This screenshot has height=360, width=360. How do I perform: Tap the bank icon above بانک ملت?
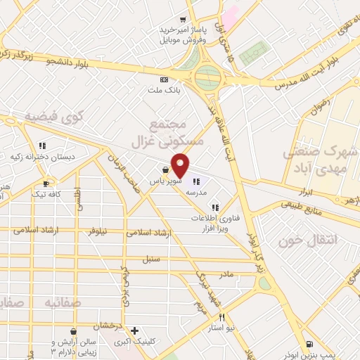164,79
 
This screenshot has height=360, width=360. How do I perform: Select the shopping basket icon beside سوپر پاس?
164,169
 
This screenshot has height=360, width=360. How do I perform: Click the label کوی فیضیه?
54,115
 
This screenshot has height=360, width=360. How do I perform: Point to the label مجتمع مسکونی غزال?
167,132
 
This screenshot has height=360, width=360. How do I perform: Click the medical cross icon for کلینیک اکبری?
134,331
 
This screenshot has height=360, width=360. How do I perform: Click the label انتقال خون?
308,240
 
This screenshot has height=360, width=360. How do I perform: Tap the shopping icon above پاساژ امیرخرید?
183,20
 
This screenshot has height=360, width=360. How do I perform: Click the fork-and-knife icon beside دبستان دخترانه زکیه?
41,146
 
